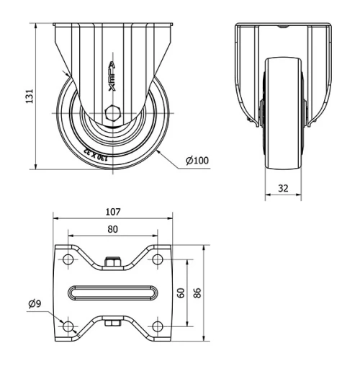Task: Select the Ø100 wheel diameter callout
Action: point(197,160)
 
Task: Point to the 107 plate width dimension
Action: point(112,213)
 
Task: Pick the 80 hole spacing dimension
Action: point(112,229)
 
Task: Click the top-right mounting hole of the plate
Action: point(156,259)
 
